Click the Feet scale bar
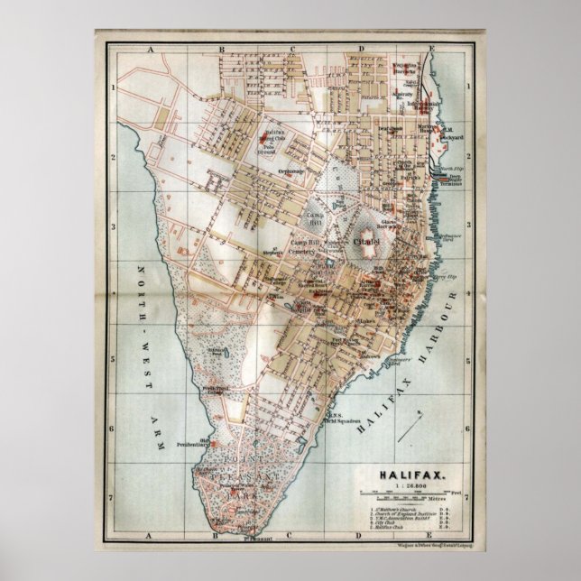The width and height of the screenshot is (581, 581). pyautogui.click(x=410, y=491)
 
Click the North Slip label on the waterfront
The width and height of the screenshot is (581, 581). pyautogui.click(x=448, y=168)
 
